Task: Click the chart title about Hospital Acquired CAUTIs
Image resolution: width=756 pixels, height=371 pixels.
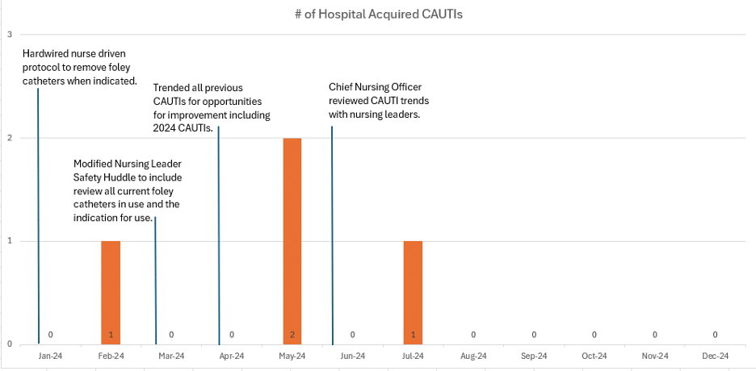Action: (378, 14)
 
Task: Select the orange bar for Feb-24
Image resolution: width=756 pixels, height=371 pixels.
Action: (111, 290)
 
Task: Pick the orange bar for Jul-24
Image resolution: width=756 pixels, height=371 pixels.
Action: (413, 290)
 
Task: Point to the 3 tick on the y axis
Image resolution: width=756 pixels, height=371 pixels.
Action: (9, 35)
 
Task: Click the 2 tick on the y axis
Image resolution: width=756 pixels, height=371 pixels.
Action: (9, 138)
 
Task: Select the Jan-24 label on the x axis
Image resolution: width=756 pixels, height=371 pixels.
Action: (50, 356)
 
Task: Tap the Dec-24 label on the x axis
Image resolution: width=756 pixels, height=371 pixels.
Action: (715, 356)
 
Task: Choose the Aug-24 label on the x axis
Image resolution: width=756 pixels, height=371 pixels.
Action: (473, 356)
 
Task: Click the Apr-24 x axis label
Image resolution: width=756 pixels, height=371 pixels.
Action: (232, 356)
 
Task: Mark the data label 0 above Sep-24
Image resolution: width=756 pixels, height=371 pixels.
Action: (534, 334)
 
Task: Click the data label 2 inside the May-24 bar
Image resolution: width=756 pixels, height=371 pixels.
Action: (292, 334)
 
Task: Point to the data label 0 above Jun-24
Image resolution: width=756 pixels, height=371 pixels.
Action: (352, 334)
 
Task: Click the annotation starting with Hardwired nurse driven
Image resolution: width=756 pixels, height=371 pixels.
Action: (79, 68)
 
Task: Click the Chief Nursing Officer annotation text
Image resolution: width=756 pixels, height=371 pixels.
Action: (379, 101)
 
